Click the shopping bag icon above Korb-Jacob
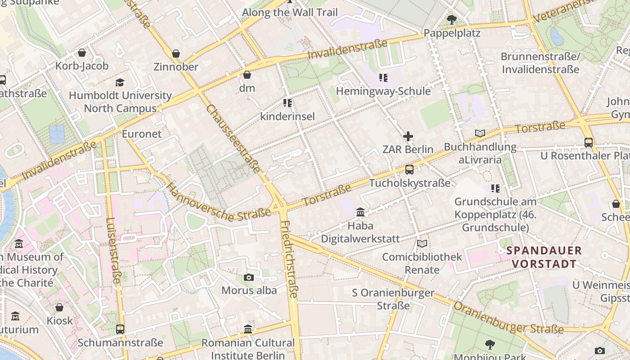tap(81, 53)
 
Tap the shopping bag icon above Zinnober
tap(176, 54)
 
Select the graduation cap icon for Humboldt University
tap(120, 82)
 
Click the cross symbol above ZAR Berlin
tap(408, 136)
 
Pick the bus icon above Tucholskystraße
tap(409, 170)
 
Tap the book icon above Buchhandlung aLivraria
tap(480, 133)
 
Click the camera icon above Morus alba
tap(248, 277)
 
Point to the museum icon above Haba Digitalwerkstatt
tap(360, 212)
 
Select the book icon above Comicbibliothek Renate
tap(422, 244)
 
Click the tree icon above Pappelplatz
tap(452, 20)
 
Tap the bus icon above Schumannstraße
tap(120, 329)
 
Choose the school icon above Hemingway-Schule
tap(383, 78)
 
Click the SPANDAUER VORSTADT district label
tap(544, 257)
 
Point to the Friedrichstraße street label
tap(289, 259)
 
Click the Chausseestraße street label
tap(233, 139)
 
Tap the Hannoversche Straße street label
tap(218, 202)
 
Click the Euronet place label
tap(141, 134)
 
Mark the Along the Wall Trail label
tap(289, 12)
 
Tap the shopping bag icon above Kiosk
tap(59, 307)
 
